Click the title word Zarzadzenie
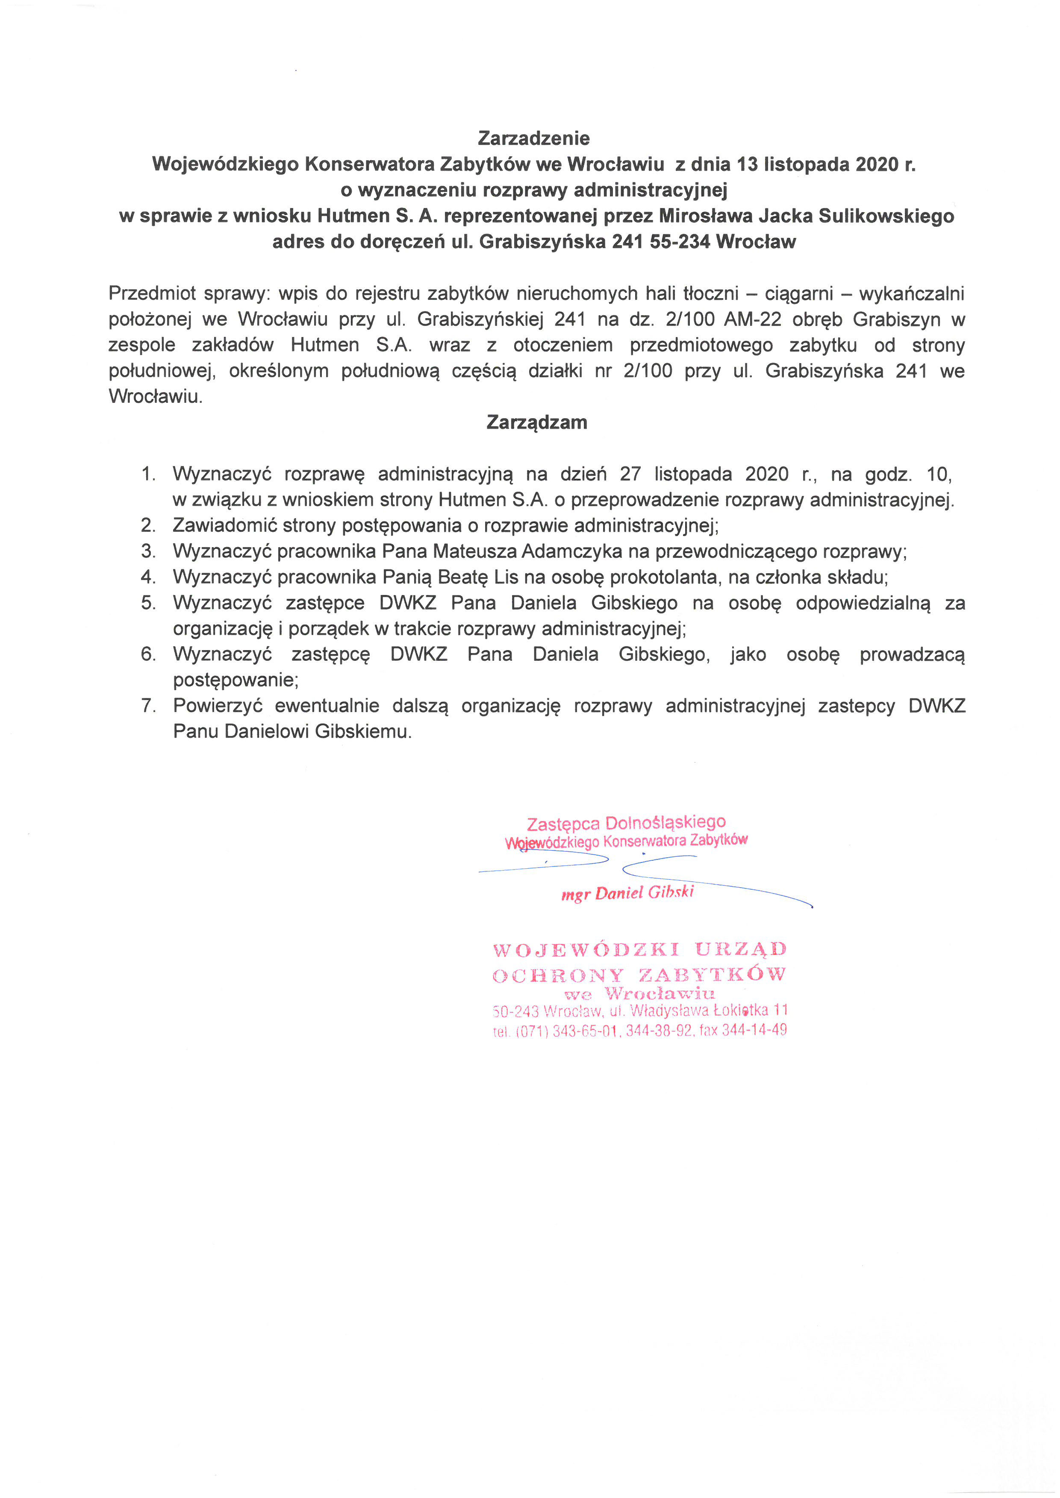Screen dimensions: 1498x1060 point(533,138)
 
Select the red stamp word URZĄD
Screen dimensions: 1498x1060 point(741,949)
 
